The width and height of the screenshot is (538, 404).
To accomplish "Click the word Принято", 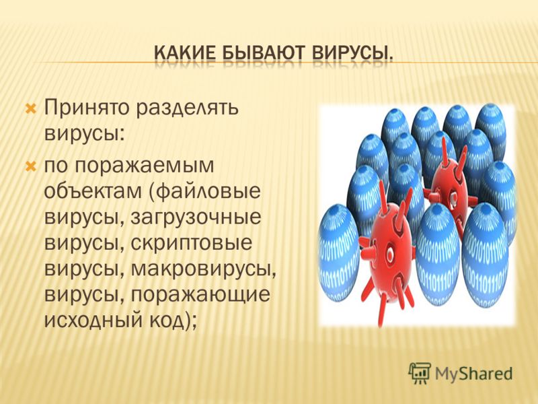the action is pos(87,108).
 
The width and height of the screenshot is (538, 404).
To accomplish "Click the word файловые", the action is pos(208,192).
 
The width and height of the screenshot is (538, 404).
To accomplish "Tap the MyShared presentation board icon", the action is pos(419,372).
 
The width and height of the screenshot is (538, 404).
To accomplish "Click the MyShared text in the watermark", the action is pos(474,374).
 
